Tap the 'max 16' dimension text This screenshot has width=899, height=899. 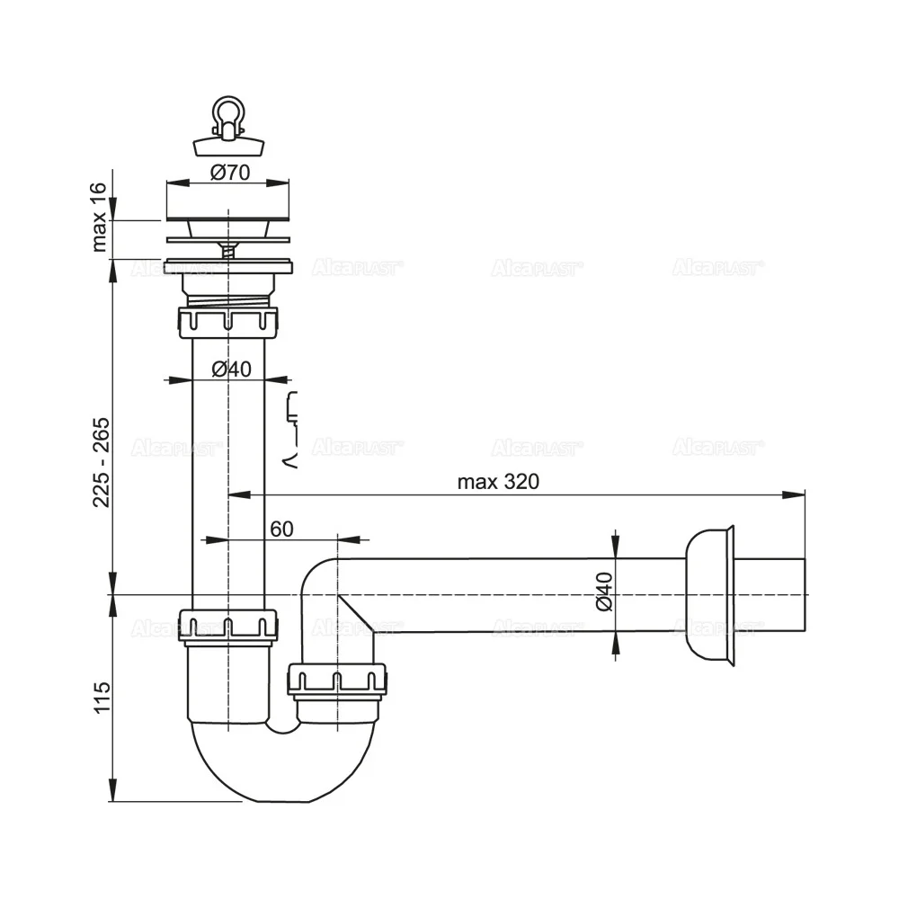[x=100, y=216]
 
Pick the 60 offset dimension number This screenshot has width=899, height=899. [x=280, y=529]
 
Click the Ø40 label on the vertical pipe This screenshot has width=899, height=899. [x=230, y=368]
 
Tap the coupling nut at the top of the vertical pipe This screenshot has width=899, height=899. [x=229, y=322]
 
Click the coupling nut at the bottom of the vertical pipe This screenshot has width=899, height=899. [x=229, y=626]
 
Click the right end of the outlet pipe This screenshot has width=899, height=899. [x=802, y=595]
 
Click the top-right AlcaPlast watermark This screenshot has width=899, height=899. [x=718, y=267]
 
